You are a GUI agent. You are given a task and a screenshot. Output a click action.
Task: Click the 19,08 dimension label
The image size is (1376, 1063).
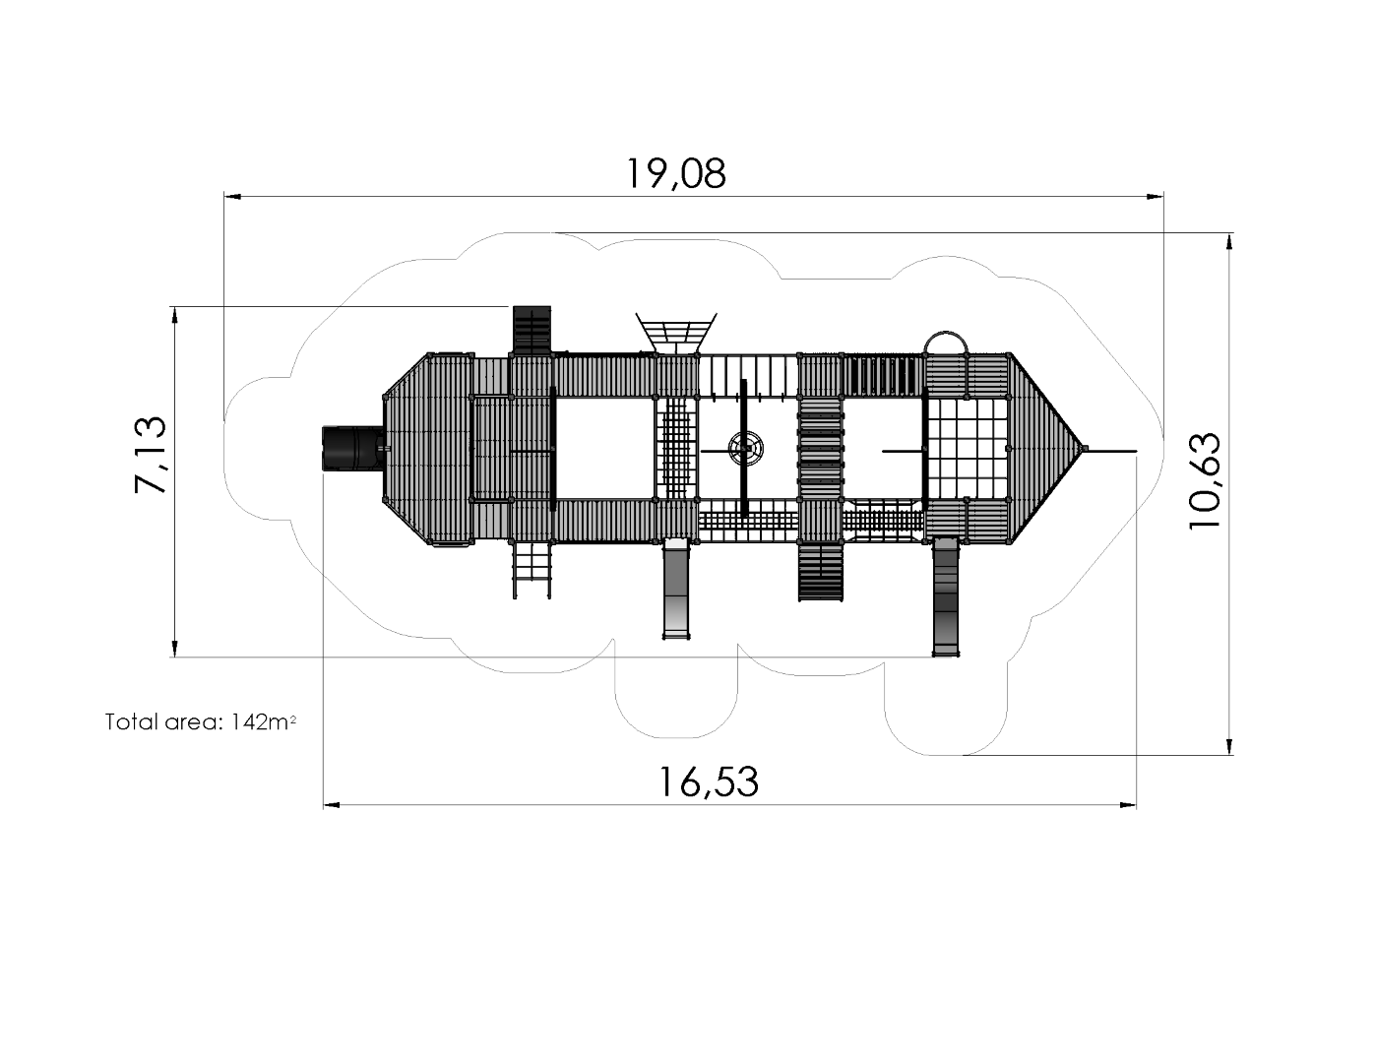tap(676, 173)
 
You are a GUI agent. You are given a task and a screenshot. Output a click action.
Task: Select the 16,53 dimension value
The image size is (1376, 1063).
tap(709, 782)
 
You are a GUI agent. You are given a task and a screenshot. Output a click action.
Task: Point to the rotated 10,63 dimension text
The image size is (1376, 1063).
tap(1205, 481)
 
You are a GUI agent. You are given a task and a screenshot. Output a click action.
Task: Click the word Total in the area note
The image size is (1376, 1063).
tap(131, 722)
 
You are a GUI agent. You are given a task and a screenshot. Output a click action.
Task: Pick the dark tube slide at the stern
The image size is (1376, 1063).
tap(350, 449)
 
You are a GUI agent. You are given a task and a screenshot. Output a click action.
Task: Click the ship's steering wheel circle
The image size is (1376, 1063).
tap(745, 450)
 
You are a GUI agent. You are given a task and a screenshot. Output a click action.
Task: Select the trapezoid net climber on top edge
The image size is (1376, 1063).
tap(675, 331)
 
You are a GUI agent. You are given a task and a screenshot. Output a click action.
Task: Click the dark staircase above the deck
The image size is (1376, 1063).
tap(532, 330)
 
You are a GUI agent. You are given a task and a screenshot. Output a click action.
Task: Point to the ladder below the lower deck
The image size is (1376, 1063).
tap(532, 571)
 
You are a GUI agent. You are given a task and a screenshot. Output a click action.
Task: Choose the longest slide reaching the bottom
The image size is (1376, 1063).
tap(945, 595)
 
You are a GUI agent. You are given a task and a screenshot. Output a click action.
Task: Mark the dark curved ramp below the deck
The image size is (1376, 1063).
tap(821, 571)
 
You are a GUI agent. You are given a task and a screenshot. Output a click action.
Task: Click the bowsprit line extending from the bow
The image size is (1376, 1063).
tap(1112, 451)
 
